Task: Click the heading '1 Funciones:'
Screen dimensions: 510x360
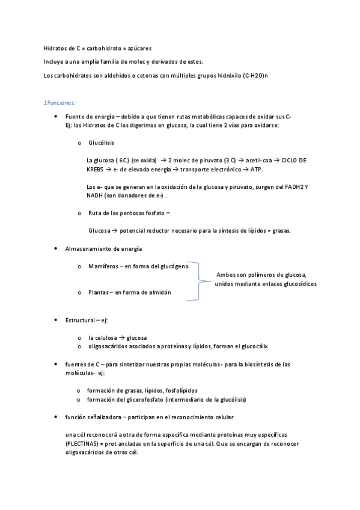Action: (x=60, y=103)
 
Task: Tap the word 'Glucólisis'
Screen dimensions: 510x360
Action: (x=101, y=143)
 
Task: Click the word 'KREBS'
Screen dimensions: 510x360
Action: (x=96, y=170)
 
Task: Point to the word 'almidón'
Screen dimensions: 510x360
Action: (x=157, y=292)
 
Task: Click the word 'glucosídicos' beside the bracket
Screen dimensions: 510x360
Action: (x=296, y=284)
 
